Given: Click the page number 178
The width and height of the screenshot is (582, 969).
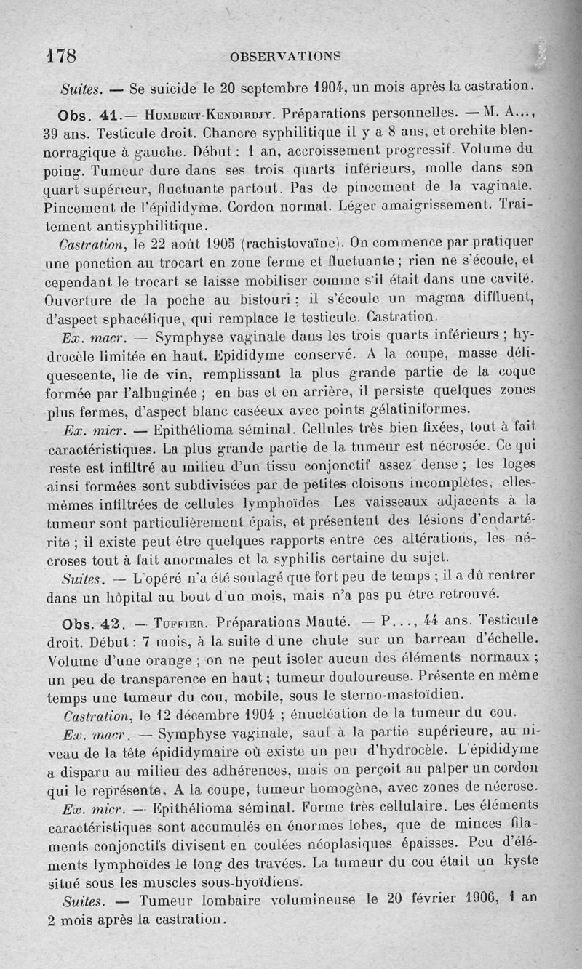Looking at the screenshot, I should click(x=61, y=56).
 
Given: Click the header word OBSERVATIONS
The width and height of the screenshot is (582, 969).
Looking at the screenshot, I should click(x=284, y=56).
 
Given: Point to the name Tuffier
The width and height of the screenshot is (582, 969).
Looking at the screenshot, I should click(x=181, y=623).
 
